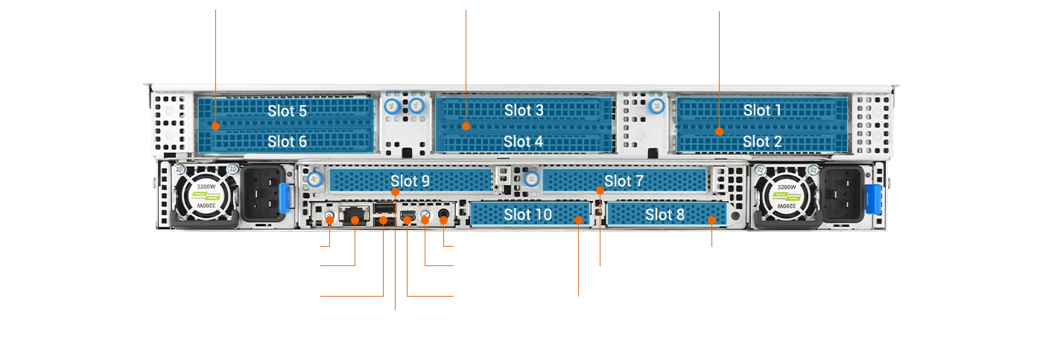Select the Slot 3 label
[524, 110]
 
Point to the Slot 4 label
[524, 141]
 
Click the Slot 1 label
[762, 110]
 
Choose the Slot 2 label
[762, 141]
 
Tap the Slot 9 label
[410, 180]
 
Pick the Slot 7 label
[624, 180]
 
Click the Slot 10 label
[527, 215]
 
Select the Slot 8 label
[665, 215]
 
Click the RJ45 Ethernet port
[353, 215]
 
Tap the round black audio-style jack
[445, 217]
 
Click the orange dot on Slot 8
[712, 220]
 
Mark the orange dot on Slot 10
[580, 220]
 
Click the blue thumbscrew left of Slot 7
[531, 180]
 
